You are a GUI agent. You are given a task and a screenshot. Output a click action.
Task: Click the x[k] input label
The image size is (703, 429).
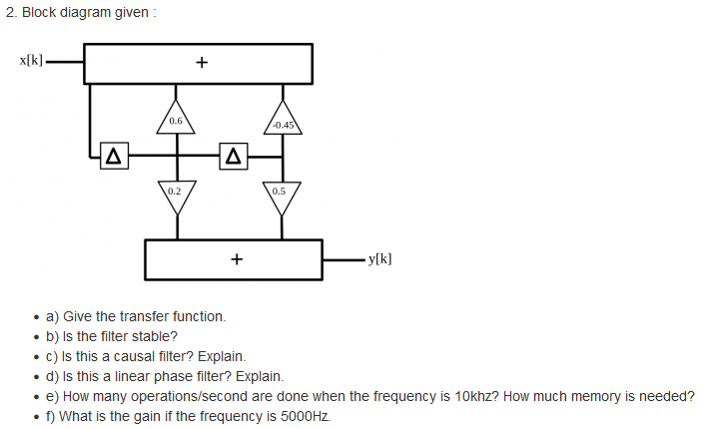(30, 61)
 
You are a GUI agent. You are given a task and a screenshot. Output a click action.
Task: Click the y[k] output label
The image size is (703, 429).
(379, 258)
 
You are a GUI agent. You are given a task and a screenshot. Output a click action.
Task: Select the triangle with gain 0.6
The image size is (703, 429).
(176, 119)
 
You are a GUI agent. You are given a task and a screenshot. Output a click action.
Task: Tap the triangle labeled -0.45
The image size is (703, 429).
(283, 121)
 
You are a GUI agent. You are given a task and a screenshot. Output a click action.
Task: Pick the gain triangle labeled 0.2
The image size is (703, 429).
(176, 194)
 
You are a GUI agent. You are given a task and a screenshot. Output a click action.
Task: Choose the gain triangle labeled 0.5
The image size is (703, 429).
(279, 194)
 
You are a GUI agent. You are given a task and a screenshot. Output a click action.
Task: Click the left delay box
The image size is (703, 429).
(113, 157)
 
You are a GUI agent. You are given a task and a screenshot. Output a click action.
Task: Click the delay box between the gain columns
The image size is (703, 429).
(233, 157)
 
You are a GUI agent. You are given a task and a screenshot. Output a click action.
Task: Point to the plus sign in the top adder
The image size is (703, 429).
(201, 64)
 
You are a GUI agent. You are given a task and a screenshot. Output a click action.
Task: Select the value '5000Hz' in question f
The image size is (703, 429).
(300, 416)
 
